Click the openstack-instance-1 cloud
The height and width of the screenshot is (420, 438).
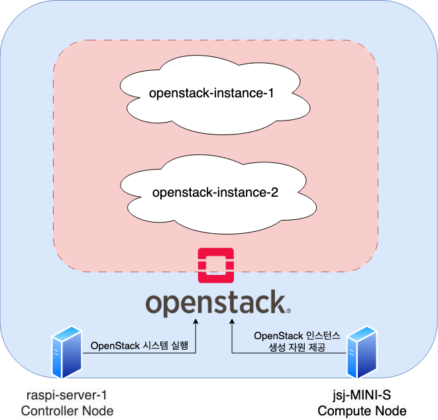click(x=211, y=93)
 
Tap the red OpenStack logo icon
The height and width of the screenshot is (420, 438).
click(x=215, y=267)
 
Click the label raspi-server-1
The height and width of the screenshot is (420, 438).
click(x=66, y=395)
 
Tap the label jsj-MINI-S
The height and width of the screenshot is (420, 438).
click(x=362, y=395)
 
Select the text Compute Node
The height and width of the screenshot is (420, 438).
click(x=362, y=411)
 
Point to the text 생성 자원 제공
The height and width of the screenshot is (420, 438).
click(x=297, y=347)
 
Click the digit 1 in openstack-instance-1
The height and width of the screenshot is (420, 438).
click(x=270, y=93)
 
